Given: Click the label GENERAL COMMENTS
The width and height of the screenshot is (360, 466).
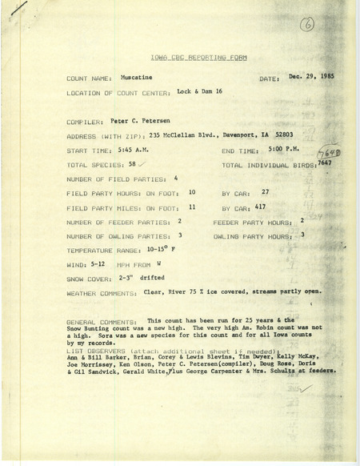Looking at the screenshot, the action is [x=100, y=319].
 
